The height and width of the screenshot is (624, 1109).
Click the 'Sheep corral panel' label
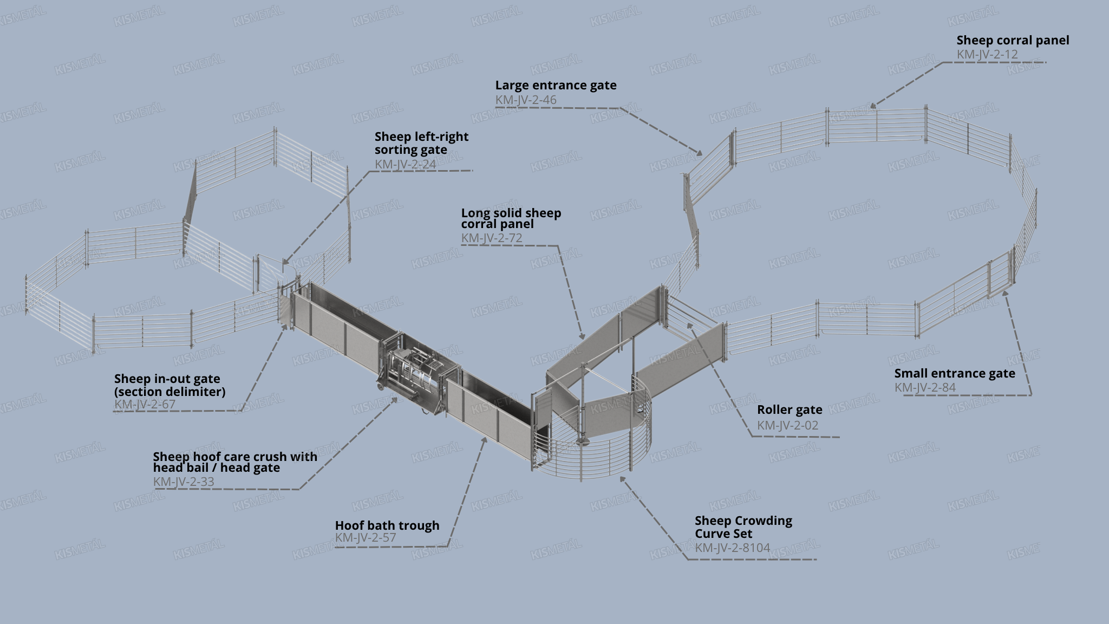coord(1013,40)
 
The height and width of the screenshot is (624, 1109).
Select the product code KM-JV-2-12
coord(987,55)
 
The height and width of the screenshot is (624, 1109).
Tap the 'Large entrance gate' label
coord(556,85)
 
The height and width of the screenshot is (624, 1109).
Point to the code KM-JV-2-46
coord(525,100)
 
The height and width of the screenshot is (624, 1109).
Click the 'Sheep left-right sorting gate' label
coord(421,143)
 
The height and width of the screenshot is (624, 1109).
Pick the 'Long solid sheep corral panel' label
coord(511,218)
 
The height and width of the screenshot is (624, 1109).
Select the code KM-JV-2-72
coord(491,238)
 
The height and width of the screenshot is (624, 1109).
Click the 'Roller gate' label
coord(789,409)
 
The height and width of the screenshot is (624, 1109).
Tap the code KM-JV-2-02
coord(787,425)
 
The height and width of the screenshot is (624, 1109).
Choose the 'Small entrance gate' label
coord(954,373)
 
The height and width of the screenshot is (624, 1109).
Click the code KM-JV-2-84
coord(925,387)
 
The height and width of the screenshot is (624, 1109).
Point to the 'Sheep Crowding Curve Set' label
coord(743,527)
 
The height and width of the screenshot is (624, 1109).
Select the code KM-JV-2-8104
coord(732,548)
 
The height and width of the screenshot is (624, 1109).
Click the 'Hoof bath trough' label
coord(387,525)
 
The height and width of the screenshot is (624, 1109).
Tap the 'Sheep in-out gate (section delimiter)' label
coord(169,385)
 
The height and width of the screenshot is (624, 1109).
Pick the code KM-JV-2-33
coord(183,482)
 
